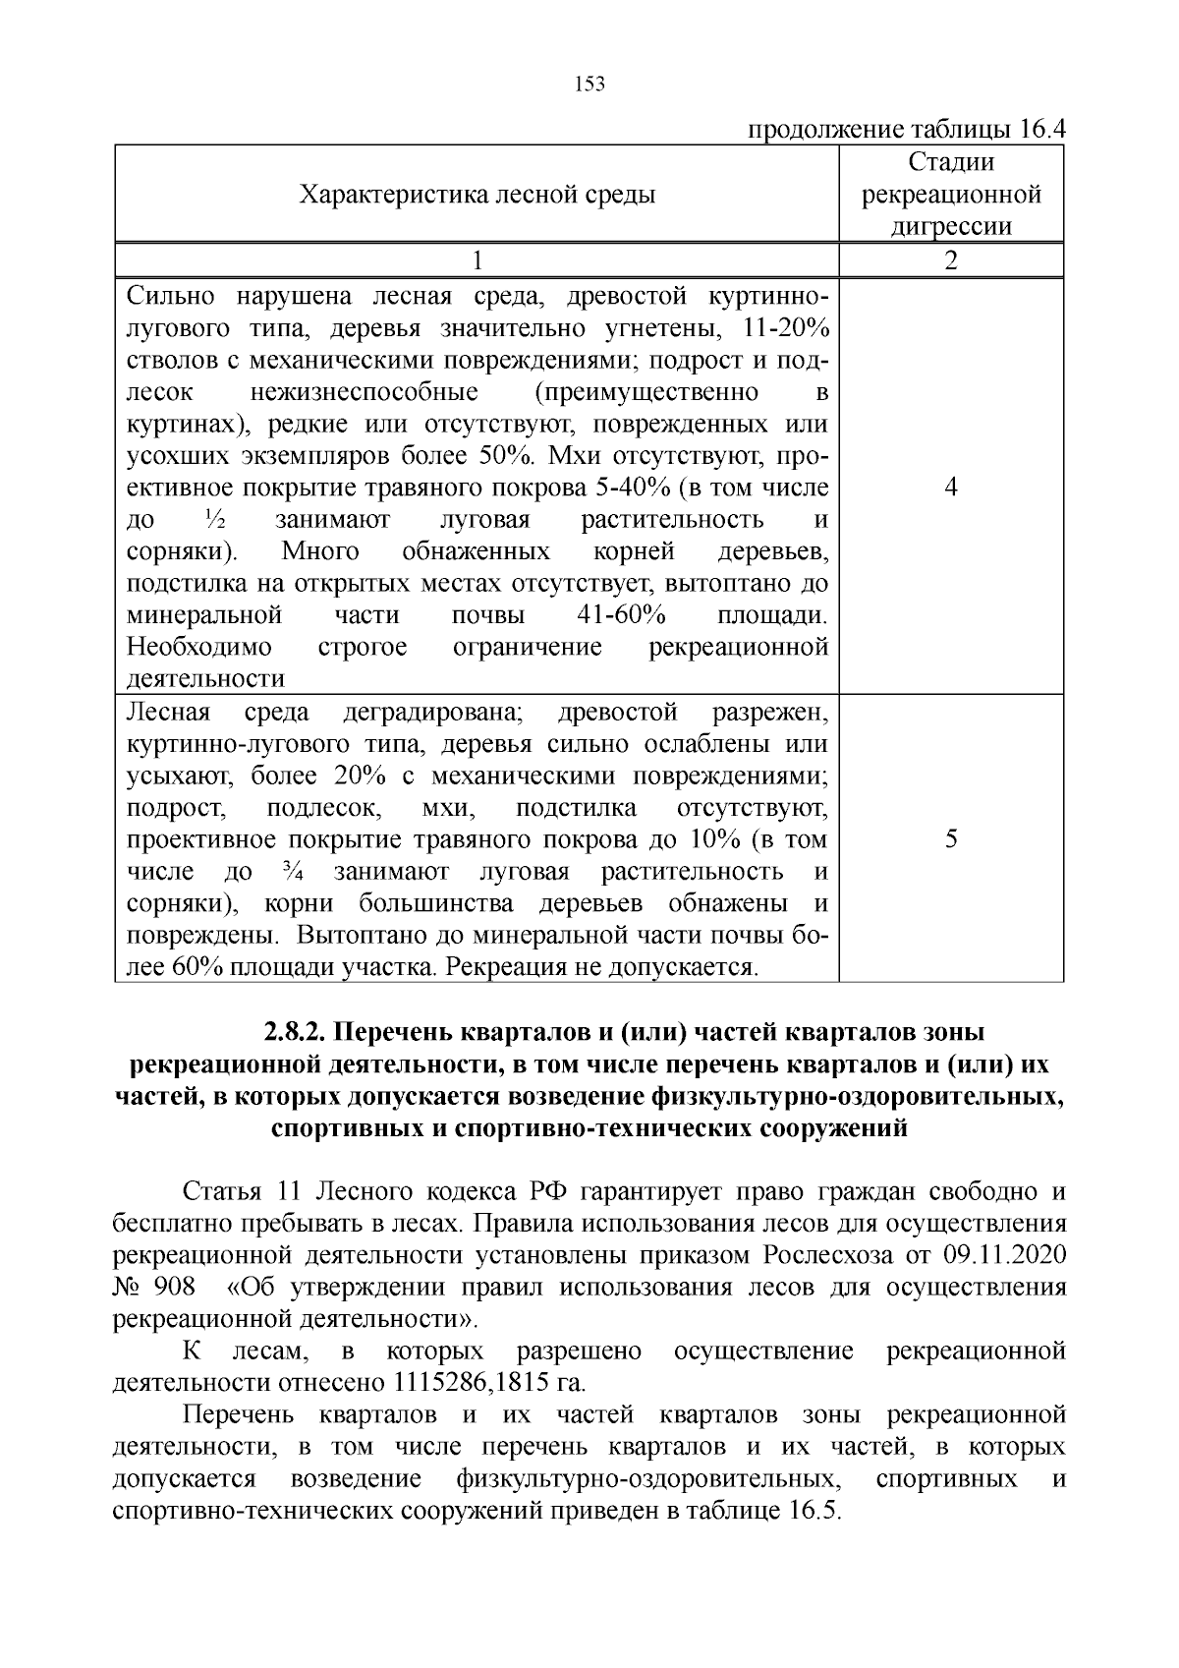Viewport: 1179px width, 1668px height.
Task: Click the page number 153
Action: [589, 84]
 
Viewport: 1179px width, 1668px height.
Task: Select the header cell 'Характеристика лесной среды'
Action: [477, 195]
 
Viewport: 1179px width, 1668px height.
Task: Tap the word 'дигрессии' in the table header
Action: [951, 227]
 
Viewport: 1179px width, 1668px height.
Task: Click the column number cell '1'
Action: [477, 260]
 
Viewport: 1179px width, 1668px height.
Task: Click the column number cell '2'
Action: [951, 260]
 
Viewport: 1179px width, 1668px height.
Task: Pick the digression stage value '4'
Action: [951, 488]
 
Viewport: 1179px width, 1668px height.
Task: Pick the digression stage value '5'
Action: [951, 838]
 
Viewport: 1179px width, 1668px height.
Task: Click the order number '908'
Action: [173, 1287]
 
